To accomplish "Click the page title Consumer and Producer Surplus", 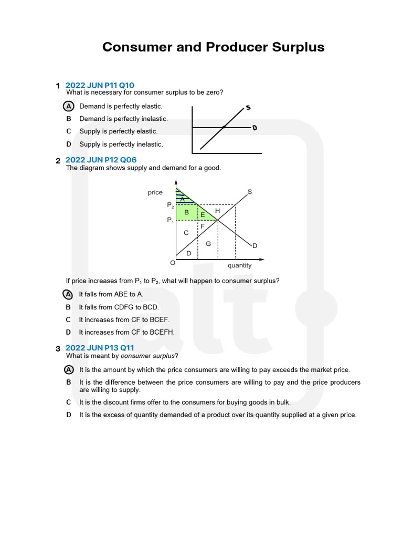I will [213, 47].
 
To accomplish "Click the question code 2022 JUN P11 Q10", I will [100, 85].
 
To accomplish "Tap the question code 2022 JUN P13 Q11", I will [100, 348].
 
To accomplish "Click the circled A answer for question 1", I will [68, 106].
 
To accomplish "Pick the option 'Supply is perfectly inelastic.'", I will [121, 144].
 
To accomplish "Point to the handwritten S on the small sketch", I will [248, 108].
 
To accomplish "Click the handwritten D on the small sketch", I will [254, 128].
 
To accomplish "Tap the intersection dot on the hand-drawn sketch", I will [224, 127].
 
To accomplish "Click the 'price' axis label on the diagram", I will [155, 193].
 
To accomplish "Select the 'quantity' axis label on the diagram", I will [239, 265].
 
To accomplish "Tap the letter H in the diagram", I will [217, 211].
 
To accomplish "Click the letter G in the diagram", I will [208, 243].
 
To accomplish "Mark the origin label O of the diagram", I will [172, 262].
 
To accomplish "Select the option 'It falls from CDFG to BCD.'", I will [119, 307].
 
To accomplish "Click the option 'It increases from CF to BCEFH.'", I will [126, 332].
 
